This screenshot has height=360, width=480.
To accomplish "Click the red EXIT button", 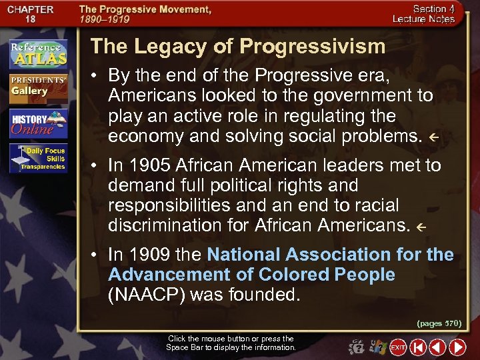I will [398, 347].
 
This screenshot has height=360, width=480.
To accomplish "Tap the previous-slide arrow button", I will [437, 347].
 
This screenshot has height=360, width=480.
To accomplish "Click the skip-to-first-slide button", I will [418, 347].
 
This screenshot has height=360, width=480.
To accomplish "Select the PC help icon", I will [379, 347].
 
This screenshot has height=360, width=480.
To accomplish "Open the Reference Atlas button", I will [38, 54].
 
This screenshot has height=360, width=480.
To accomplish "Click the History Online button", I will [38, 123].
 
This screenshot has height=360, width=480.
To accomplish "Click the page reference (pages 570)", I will [439, 323].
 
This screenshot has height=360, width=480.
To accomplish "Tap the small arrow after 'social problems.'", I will [433, 138].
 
